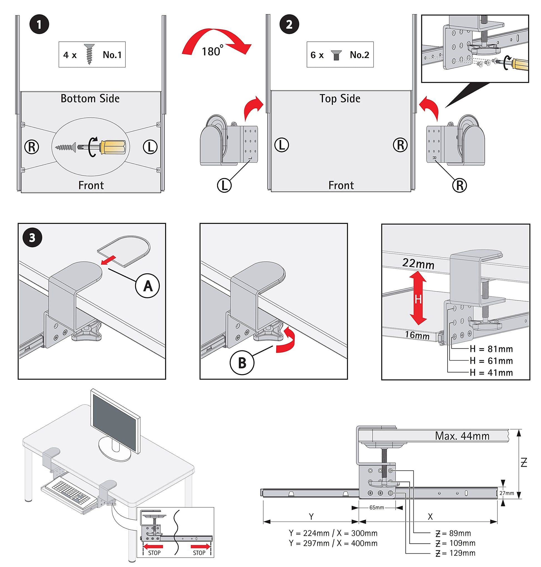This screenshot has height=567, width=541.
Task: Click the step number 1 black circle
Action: point(39,24)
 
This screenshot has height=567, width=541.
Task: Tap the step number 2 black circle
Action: point(289,24)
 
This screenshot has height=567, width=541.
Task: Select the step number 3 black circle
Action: point(32,238)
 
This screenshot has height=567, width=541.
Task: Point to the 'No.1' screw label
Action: point(112,55)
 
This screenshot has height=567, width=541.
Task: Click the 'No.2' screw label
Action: point(359,55)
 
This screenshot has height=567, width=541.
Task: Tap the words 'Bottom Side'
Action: point(90,99)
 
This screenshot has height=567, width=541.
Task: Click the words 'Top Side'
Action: point(340,99)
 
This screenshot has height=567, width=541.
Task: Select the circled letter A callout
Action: point(147,286)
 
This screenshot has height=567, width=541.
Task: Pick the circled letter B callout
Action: point(242,363)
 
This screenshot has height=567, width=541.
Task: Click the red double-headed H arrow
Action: point(418,298)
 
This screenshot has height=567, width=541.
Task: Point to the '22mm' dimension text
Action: point(418,264)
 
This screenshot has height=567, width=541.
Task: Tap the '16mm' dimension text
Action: point(417,335)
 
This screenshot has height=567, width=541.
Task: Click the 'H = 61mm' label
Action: point(491,361)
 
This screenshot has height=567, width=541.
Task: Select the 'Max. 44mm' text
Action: point(462,436)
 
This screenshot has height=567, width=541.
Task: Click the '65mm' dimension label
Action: point(377,508)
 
